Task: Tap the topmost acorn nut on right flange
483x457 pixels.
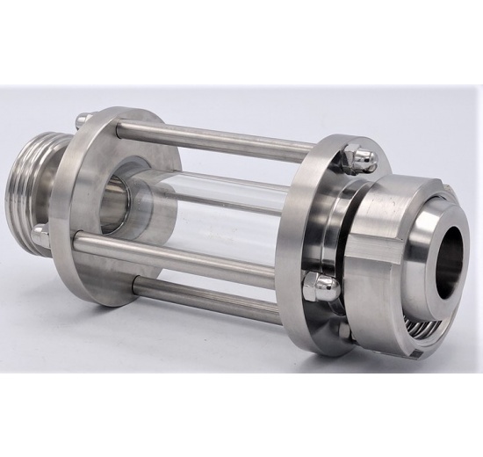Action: pos(361,157)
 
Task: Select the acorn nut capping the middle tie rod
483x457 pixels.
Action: pos(320,286)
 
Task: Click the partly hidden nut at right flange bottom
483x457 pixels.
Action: pos(345,330)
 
